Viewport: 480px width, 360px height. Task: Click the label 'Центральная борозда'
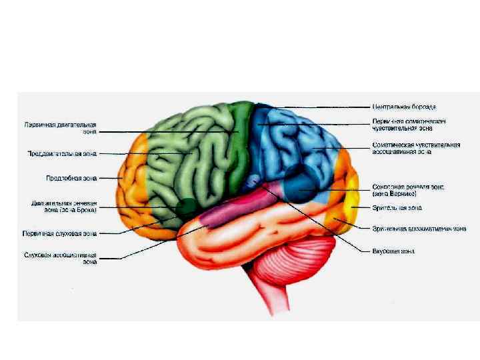coord(404,107)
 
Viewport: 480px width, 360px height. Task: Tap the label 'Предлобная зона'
coord(71,179)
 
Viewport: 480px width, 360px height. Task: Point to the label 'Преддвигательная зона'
coord(62,153)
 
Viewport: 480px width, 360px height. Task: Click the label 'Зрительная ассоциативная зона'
coord(419,229)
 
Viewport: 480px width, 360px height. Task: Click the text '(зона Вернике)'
coord(395,193)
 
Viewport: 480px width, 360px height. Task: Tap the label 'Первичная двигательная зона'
coord(61,127)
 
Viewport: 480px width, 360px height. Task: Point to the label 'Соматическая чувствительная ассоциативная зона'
coord(416,148)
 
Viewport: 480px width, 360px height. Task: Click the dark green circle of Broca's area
coord(186,206)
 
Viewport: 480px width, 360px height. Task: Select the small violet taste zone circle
coord(252,181)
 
